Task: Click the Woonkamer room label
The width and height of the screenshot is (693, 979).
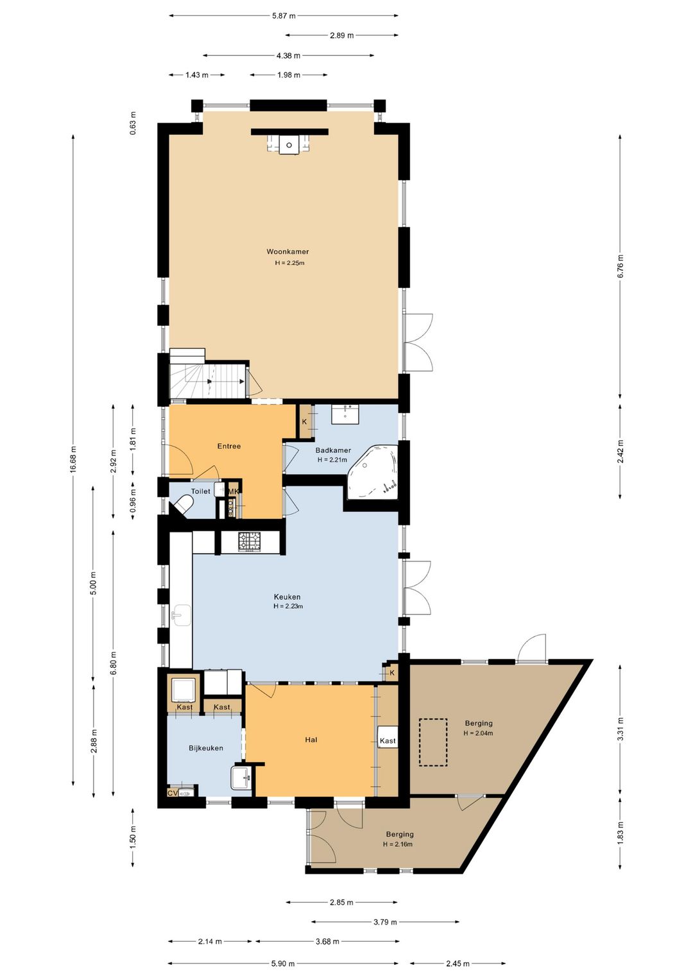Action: point(287,251)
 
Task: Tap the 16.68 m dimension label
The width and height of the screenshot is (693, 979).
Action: point(73,459)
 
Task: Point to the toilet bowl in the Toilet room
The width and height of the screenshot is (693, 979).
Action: point(184,505)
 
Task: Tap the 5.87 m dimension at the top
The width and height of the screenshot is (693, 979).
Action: point(284,16)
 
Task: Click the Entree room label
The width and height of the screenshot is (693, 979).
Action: point(229,447)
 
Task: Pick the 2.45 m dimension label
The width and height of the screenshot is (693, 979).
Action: point(458,963)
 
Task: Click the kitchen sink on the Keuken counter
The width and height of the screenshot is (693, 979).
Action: point(180,615)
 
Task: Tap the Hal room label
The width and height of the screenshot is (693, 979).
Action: point(311,740)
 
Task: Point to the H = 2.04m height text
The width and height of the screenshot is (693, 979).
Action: point(478,733)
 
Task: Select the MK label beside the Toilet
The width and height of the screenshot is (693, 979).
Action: point(234,491)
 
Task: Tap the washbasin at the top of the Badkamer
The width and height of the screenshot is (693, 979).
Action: point(345,414)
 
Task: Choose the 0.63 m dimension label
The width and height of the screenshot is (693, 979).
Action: point(133,123)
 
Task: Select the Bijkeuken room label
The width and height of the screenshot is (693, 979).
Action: point(206,748)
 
